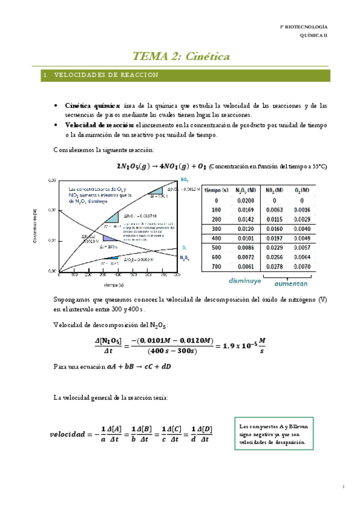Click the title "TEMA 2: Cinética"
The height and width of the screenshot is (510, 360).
click(x=181, y=57)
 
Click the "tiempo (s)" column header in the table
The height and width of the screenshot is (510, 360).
click(x=216, y=190)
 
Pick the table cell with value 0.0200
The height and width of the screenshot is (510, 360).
click(x=245, y=200)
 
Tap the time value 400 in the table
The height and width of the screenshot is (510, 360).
click(x=216, y=238)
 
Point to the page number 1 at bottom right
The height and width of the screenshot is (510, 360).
click(x=342, y=486)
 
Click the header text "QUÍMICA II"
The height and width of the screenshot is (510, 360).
click(x=314, y=36)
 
